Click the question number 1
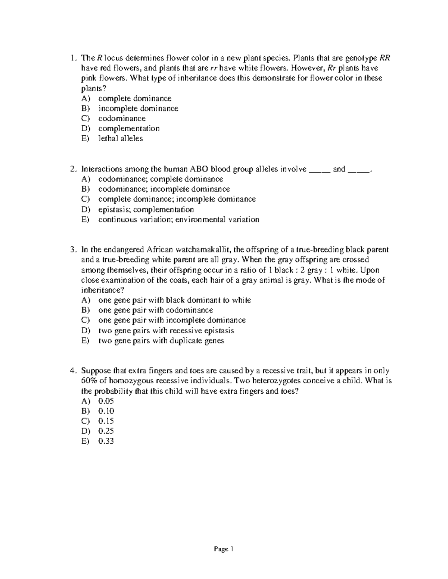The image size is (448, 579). click(x=73, y=58)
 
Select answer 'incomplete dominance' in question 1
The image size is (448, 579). click(x=138, y=108)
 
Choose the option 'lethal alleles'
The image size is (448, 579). click(x=120, y=139)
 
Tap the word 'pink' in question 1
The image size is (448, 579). click(x=88, y=78)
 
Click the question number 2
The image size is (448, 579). click(x=73, y=169)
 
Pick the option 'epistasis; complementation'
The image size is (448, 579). click(x=146, y=210)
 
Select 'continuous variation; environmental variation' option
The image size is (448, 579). click(x=178, y=220)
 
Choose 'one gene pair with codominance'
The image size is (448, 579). click(x=155, y=310)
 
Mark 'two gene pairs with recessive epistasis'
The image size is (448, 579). click(x=166, y=331)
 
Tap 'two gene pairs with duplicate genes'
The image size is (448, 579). click(x=161, y=341)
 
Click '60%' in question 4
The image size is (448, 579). click(x=89, y=381)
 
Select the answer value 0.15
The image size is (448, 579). click(x=106, y=421)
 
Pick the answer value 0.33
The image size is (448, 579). click(x=106, y=441)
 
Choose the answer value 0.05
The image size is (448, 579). click(x=106, y=401)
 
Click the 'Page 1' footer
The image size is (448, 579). click(x=223, y=549)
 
